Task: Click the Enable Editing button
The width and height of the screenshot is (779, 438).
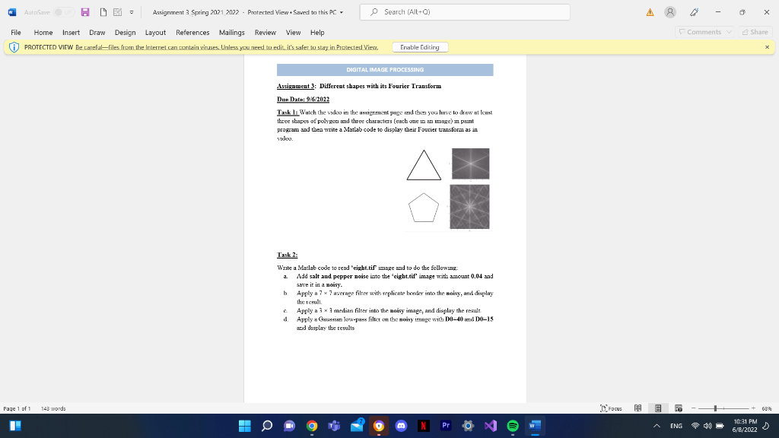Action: (x=421, y=47)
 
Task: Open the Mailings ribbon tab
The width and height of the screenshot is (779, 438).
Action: (x=231, y=33)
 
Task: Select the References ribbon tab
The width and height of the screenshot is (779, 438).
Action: (x=192, y=33)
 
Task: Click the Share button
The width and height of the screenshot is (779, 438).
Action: (x=755, y=32)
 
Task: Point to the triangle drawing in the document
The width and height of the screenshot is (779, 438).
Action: (x=424, y=165)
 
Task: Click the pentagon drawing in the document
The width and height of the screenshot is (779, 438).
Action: (x=424, y=207)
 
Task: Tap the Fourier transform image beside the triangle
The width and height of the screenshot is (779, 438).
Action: (x=470, y=163)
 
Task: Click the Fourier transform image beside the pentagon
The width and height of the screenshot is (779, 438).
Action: (x=469, y=207)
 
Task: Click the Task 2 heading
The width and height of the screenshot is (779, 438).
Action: (x=287, y=255)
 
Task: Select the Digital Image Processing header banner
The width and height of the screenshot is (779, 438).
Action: (x=385, y=70)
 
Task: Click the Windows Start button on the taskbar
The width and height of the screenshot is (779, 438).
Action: (x=245, y=426)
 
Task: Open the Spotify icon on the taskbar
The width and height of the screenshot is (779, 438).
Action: (x=512, y=426)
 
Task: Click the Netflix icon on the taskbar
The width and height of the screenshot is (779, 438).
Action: (x=421, y=426)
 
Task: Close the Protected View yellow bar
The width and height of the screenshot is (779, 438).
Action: (x=768, y=47)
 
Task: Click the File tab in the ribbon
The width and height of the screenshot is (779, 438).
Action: (x=15, y=33)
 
